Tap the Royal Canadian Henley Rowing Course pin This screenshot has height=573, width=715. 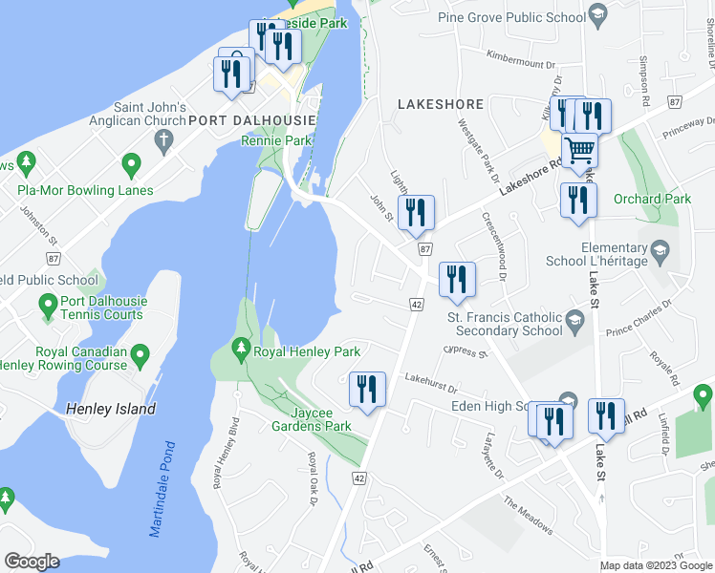point(141,357)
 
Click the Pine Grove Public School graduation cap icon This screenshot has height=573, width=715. point(598,15)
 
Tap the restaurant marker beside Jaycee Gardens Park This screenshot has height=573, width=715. point(367,388)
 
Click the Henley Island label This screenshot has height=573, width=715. point(111,409)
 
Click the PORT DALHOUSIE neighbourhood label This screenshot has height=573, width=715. point(252,119)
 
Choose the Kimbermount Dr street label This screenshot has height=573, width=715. point(521,59)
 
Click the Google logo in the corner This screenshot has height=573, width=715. point(32,562)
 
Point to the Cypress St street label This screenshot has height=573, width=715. point(466,352)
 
